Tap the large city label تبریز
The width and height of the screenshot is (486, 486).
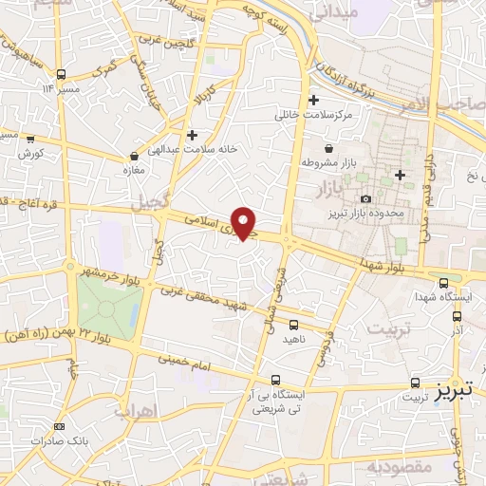click(x=459, y=391)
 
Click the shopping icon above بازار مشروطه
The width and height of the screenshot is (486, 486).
click(x=328, y=149)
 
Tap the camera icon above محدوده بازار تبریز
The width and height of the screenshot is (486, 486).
click(x=366, y=197)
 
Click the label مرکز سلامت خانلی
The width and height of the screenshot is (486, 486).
click(x=313, y=114)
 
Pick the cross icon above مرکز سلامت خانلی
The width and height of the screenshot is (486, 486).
click(x=313, y=100)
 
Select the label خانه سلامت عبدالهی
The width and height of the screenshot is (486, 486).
click(x=192, y=149)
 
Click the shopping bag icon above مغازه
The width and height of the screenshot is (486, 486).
click(x=133, y=157)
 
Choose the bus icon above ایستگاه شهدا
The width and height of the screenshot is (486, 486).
click(x=444, y=282)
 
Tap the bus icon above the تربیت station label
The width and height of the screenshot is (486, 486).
click(x=415, y=383)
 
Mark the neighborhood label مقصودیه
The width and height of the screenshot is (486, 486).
click(x=401, y=466)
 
